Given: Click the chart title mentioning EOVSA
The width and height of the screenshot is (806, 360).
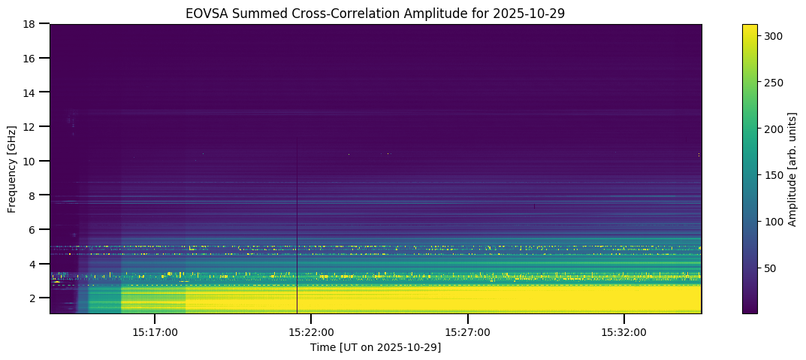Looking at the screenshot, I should coord(376,13).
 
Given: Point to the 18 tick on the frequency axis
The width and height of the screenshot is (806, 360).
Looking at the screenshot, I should coord(32,24).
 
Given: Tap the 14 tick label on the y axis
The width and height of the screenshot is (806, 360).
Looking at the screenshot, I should coord(32,92).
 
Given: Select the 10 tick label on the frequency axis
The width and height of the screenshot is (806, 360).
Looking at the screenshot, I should coord(32,161).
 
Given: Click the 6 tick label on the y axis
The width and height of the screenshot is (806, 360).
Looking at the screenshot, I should coord(35,229).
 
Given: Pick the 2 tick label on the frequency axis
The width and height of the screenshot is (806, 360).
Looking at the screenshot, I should coord(35,298).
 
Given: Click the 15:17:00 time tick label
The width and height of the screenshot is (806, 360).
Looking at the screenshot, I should coord(155,331).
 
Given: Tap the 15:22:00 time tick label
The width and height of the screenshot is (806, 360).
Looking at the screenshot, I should coord(311,331).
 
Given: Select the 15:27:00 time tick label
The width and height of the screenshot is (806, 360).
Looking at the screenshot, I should coord(467,331).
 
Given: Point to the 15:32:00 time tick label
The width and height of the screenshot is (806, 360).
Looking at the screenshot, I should coord(624,331).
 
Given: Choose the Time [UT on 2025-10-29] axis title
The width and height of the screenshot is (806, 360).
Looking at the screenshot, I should coord(376,347).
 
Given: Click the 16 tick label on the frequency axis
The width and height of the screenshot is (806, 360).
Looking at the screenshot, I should coord(32,58).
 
